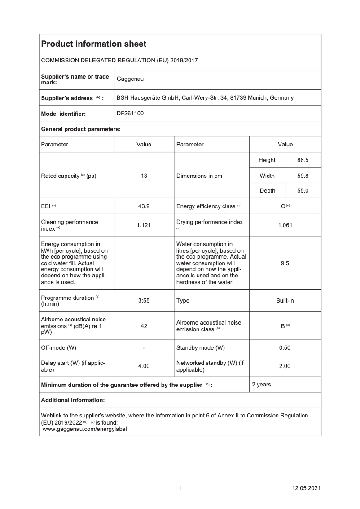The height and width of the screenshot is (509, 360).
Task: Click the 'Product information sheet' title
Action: coord(93,44)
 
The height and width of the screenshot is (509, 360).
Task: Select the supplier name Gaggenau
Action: coord(130,79)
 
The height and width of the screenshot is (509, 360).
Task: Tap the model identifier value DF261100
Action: coord(130,114)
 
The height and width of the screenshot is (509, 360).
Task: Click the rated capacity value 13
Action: coord(144,176)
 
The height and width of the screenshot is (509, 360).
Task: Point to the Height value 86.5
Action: coord(303,160)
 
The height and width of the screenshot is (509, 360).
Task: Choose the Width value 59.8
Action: coord(303,176)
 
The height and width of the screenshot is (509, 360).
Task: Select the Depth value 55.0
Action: coord(303,191)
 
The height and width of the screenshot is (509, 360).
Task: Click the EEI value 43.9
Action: coord(144,206)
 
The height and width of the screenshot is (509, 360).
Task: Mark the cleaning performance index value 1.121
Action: coord(144,225)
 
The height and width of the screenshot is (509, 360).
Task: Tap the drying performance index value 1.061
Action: coord(285,225)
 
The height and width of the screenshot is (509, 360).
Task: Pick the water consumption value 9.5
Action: coord(285,263)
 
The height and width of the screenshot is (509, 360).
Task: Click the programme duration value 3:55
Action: coord(144,301)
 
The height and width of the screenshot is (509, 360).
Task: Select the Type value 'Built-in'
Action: coord(285,301)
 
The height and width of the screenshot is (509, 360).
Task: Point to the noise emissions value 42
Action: coord(144,326)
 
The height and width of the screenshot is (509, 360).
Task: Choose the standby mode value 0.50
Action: coord(285,348)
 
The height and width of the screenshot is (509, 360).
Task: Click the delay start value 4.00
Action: coord(144,366)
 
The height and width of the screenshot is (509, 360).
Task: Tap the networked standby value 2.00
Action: coord(285,366)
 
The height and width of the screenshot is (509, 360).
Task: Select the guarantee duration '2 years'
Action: coord(261,385)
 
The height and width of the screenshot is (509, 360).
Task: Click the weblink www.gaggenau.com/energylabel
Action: coord(84,429)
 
